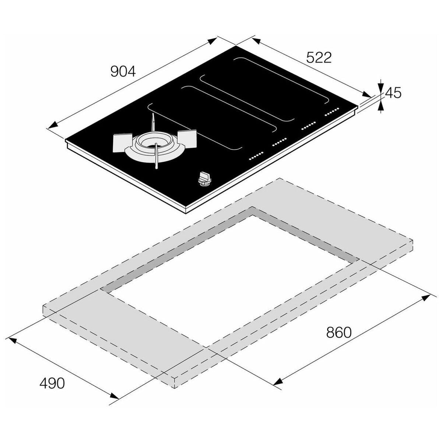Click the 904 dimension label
tap(123, 71)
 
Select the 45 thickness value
tap(393, 93)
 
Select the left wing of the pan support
tap(122, 143)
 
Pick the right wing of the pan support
tap(187, 138)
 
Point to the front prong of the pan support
tap(156, 156)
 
